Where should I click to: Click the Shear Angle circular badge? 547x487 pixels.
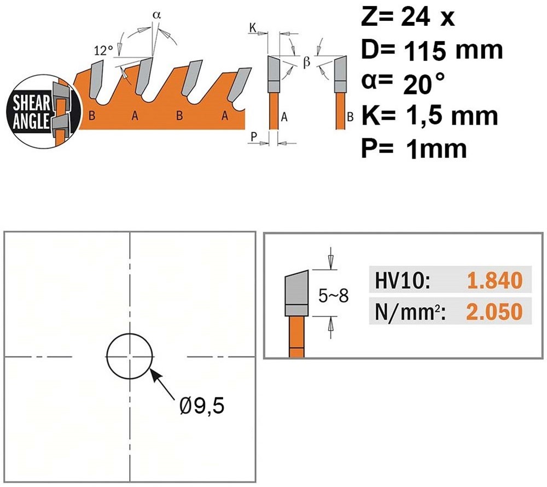(44, 112)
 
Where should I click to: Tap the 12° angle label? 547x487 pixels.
(103, 51)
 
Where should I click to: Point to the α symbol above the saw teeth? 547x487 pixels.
(156, 15)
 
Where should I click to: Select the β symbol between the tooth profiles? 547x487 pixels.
(307, 62)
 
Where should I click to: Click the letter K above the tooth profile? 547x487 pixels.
(253, 28)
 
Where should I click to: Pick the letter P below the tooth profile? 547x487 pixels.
(254, 137)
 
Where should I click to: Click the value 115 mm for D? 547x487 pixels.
(453, 50)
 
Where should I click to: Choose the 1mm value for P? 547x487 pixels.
(436, 149)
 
